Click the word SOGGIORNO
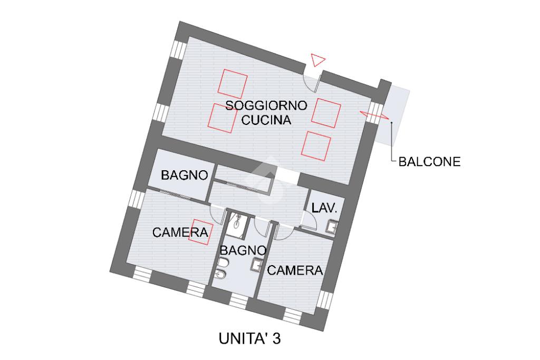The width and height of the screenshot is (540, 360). (x=266, y=105)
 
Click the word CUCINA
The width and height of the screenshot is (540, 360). (x=266, y=120)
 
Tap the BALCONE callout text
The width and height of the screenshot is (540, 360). (x=429, y=162)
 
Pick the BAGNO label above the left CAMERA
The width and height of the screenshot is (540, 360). (x=184, y=175)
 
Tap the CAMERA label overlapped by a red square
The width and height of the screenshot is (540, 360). (x=180, y=232)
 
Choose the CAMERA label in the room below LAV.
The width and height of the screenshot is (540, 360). (x=295, y=270)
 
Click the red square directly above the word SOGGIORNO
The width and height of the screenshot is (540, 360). (x=233, y=83)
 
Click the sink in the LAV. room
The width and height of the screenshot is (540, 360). (x=332, y=227)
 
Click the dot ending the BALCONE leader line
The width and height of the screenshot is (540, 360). (x=392, y=123)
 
